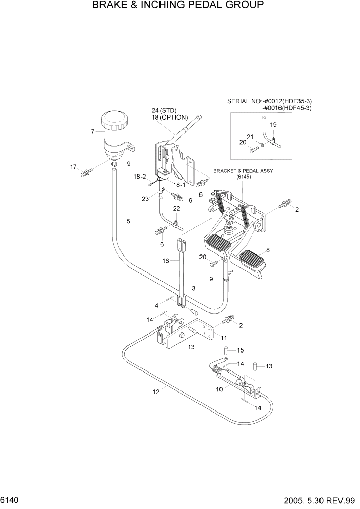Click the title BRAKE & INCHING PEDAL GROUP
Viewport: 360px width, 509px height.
point(178,6)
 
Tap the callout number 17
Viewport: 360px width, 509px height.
point(73,167)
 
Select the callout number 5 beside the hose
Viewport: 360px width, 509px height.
point(128,222)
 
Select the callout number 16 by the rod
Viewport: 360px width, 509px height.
point(166,261)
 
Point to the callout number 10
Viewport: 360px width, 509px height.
point(219,389)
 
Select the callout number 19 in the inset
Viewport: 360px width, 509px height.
point(273,125)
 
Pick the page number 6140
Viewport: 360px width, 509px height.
point(11,500)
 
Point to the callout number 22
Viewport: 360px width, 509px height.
point(177,209)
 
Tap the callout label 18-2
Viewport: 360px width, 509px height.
point(140,176)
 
